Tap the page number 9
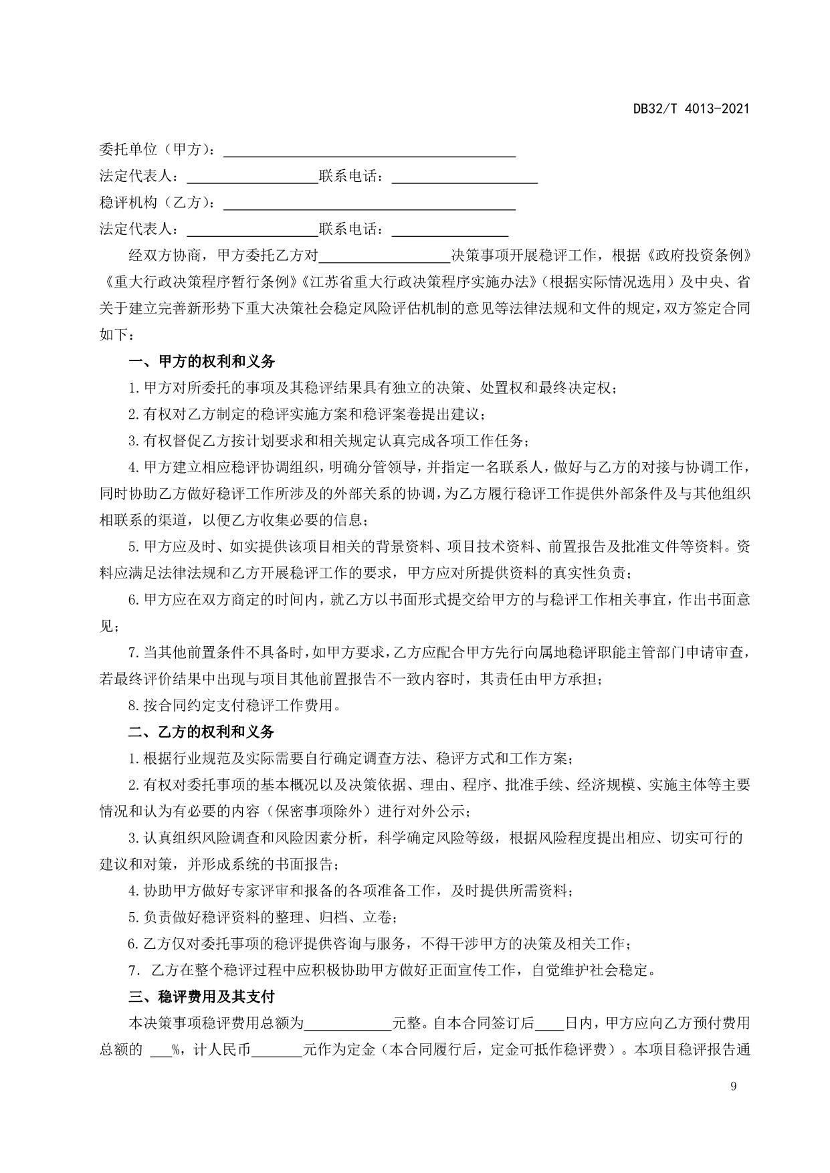coord(734,1086)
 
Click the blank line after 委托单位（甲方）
coord(369,150)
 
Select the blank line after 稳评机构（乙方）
coord(369,203)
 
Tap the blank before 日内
coord(550,1024)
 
